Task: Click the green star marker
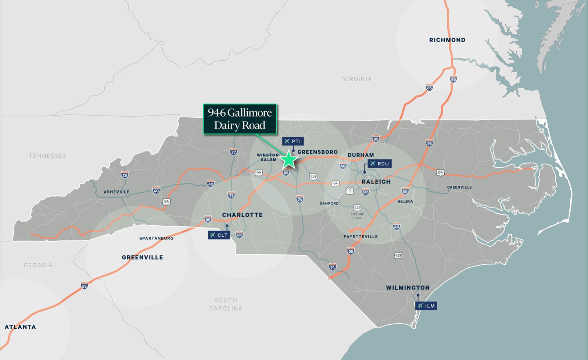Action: point(289,160)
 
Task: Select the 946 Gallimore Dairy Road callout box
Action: point(240,119)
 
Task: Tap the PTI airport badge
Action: point(293,141)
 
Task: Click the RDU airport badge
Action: point(380,164)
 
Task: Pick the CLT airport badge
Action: point(219,235)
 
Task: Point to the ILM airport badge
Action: point(426,306)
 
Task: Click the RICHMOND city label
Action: point(447,40)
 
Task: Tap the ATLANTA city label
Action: point(20,327)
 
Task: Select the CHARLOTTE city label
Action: point(242,215)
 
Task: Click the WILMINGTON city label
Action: point(408,288)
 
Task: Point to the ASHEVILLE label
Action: point(116,192)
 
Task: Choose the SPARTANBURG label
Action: point(156,238)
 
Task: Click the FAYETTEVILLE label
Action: point(361,236)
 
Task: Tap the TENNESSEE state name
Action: point(48,156)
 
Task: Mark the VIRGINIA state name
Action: point(357,79)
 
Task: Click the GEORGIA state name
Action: point(38,265)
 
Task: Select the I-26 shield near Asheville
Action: point(125,175)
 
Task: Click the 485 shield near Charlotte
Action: point(239,235)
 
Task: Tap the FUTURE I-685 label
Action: point(357,216)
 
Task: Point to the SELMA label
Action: point(405,202)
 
